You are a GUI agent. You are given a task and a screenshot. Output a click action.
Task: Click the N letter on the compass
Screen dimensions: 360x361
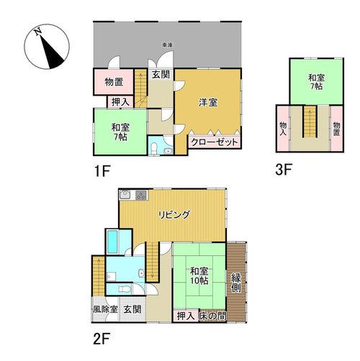(37, 32)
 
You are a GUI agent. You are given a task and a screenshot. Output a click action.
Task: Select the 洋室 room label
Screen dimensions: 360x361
(208, 103)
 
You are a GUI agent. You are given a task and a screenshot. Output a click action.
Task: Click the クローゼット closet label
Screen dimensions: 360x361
(215, 142)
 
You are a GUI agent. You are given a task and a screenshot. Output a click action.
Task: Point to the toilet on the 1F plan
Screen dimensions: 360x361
(153, 149)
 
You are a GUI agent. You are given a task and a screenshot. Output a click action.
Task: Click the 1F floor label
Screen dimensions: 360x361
(102, 171)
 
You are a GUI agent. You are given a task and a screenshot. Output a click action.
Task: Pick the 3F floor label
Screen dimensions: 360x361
(284, 170)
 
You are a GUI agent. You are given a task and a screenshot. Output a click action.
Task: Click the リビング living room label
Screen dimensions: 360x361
(174, 215)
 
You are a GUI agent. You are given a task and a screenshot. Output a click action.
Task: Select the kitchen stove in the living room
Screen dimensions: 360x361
(142, 195)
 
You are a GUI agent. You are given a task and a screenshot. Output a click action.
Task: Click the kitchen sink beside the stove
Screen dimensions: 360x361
(125, 195)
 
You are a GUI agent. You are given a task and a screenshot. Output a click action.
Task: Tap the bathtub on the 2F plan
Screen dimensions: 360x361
(112, 242)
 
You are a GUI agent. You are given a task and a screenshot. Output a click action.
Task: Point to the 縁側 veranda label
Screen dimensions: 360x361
(236, 283)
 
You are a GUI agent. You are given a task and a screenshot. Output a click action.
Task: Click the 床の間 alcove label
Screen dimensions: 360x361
(212, 316)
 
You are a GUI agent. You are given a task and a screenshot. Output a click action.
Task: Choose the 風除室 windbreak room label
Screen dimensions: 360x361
(105, 309)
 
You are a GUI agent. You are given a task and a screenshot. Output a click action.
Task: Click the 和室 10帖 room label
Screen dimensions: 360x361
(199, 276)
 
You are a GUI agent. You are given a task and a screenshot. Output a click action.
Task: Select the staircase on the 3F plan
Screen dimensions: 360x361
(310, 122)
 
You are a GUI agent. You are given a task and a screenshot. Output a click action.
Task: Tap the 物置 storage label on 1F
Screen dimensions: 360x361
(114, 82)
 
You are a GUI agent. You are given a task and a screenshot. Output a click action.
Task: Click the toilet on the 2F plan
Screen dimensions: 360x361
(125, 289)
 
